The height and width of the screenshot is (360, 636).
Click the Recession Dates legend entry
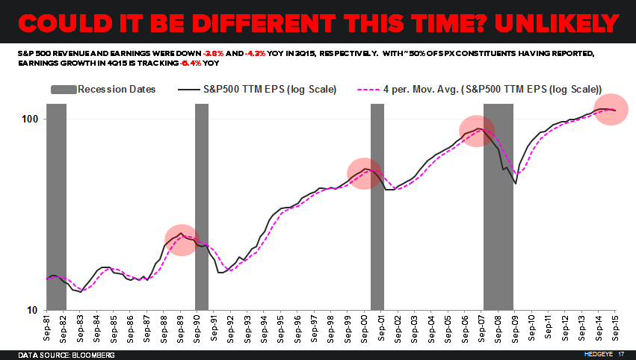point(103,90)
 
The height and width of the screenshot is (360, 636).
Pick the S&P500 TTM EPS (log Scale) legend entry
point(259,90)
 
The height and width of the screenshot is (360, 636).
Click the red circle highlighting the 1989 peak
point(181,240)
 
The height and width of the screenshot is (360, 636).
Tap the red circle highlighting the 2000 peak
point(364,173)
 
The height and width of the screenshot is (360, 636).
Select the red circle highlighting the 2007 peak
point(476,131)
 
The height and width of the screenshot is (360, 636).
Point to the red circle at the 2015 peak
point(611,111)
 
